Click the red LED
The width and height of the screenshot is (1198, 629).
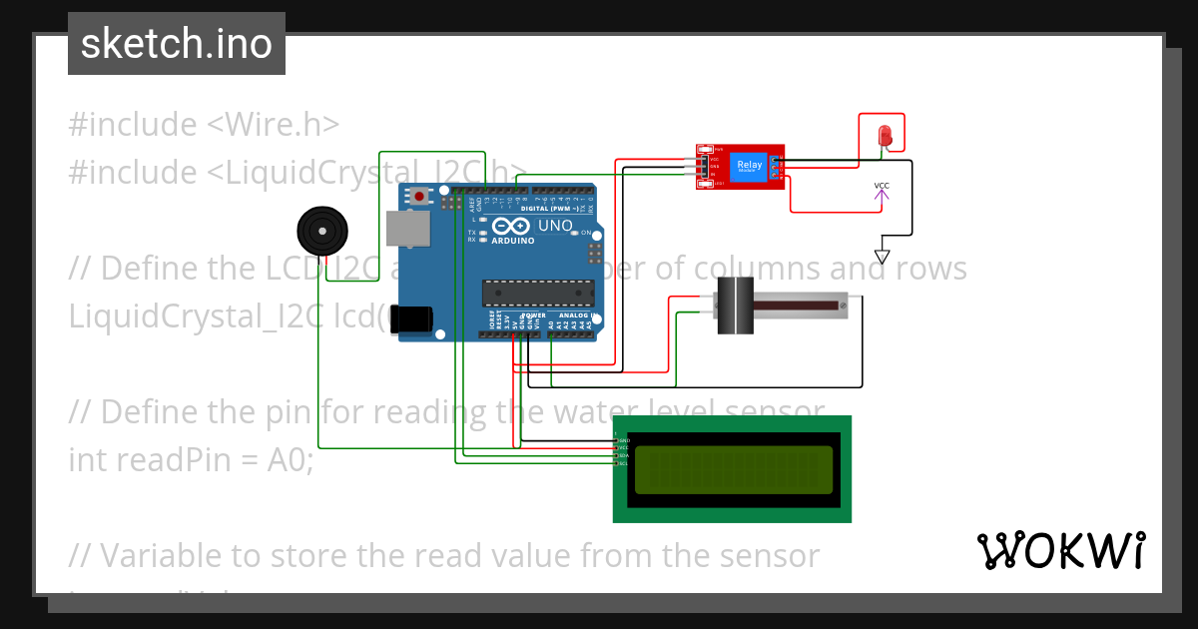pos(885,136)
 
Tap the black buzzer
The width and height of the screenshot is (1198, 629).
pos(322,231)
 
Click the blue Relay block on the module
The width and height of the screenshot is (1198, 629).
pos(749,166)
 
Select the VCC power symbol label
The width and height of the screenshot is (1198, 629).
pos(882,186)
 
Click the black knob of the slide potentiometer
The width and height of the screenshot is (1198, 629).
pos(735,306)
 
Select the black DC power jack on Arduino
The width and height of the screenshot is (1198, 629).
pos(411,318)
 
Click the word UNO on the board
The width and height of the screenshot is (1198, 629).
pos(555,226)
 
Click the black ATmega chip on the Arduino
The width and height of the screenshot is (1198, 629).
pos(538,293)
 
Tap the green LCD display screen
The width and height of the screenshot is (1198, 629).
pos(733,469)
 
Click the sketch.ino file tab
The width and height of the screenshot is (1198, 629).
pos(177,44)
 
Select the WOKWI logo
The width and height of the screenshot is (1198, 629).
pos(1060,550)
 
